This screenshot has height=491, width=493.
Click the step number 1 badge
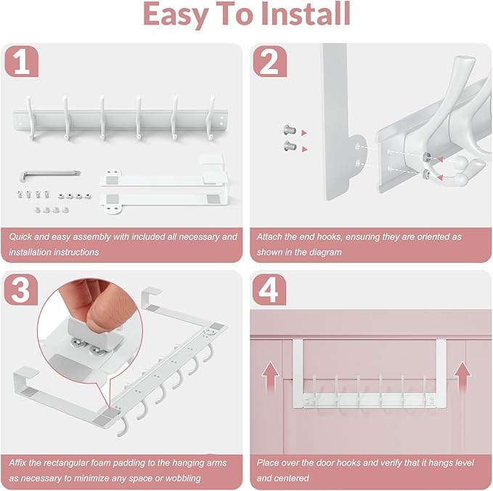click(x=22, y=61)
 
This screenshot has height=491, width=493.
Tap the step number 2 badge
click(x=270, y=61)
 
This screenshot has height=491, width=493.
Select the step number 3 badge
click(x=21, y=289)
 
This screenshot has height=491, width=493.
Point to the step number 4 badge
click(x=269, y=289)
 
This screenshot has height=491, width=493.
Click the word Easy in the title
click(x=176, y=16)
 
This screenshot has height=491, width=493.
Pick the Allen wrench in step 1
click(x=50, y=174)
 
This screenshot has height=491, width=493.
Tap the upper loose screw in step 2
click(x=290, y=129)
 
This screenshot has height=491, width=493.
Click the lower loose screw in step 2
click(x=290, y=146)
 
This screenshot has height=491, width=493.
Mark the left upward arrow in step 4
click(x=270, y=376)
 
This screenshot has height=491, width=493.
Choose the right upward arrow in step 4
click(x=463, y=376)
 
